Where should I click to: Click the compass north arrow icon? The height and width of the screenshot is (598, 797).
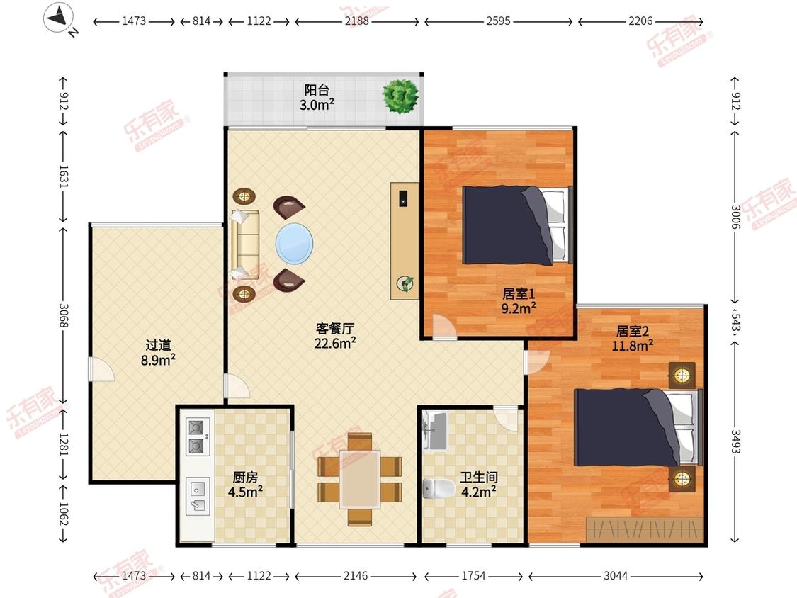(59, 18)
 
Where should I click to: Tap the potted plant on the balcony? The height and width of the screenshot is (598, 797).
(401, 95)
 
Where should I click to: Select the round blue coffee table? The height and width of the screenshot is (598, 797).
(294, 244)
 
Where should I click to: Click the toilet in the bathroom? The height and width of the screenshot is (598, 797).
(438, 488)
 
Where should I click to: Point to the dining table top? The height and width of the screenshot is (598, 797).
(360, 478)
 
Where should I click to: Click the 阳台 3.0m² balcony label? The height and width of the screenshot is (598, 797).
(317, 98)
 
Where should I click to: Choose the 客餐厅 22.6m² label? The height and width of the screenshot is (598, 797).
(335, 336)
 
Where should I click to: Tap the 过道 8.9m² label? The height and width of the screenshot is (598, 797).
(158, 353)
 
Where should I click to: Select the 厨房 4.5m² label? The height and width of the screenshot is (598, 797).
(245, 485)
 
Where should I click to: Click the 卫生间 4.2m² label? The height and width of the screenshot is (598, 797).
(479, 485)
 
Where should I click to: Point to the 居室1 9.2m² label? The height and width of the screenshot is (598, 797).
(519, 301)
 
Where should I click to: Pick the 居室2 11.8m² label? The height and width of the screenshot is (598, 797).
(633, 339)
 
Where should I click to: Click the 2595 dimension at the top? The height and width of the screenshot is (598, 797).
(498, 21)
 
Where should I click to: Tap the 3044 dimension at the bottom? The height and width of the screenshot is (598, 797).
(616, 575)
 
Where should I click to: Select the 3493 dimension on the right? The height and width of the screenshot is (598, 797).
(735, 441)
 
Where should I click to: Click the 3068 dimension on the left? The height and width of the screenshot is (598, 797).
(64, 315)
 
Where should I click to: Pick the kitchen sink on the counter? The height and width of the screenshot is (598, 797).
(197, 496)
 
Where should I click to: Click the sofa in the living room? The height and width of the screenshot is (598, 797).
(245, 244)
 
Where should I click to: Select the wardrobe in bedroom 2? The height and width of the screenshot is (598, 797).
(645, 530)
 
